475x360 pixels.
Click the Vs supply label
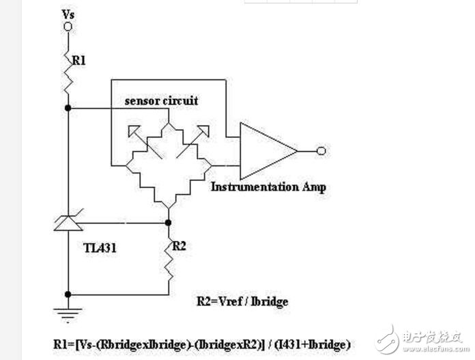(68, 14)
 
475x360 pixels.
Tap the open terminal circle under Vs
(68, 27)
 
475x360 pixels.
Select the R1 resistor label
(78, 61)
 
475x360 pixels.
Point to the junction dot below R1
(68, 108)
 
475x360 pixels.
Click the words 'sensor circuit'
(162, 100)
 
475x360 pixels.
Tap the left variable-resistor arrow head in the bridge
(134, 130)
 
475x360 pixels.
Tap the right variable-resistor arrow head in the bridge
(203, 130)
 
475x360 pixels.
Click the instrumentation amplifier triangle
(268, 151)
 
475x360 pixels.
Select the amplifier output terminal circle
(321, 151)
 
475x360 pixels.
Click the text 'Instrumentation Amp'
(268, 187)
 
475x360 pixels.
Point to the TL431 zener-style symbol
(68, 221)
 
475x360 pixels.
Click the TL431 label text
(100, 248)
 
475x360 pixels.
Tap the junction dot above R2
(169, 223)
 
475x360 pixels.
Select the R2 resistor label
(179, 246)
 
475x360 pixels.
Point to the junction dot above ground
(68, 294)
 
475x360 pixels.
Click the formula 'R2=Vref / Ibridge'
(242, 302)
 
